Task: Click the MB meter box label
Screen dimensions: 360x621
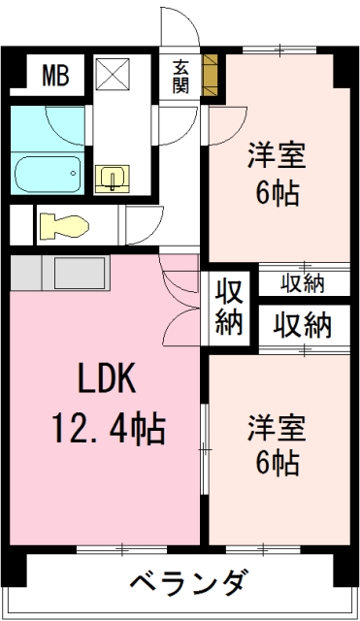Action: coord(56,76)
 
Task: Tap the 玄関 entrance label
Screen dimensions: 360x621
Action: coord(180,77)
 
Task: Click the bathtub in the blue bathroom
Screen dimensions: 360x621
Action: coord(48,175)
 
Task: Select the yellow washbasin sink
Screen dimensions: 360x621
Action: coord(113,179)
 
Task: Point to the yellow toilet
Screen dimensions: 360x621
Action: coord(65,226)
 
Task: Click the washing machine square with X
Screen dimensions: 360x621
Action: coord(113,74)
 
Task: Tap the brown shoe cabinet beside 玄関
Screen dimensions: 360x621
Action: coord(210,75)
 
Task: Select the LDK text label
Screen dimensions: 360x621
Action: coord(107,378)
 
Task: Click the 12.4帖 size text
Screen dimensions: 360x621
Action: coord(109,428)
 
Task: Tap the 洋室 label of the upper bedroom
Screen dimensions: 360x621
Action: coord(277,155)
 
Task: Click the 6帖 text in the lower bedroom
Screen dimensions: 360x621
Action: coord(277,463)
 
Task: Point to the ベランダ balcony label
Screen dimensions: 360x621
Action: coord(190,582)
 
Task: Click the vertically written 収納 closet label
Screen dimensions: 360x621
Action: coord(229,308)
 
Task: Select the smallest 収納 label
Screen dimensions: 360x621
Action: coord(303,283)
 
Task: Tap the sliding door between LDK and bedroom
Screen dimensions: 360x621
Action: coord(205,449)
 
